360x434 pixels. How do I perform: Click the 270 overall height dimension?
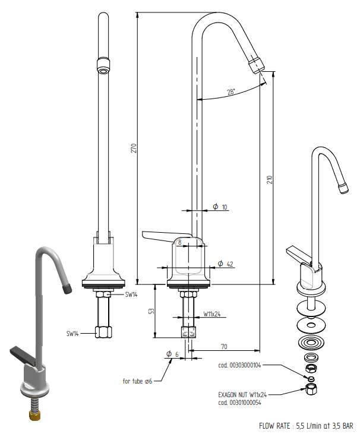point(134,148)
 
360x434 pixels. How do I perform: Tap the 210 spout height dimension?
point(270,179)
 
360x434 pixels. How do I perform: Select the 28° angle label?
point(231,92)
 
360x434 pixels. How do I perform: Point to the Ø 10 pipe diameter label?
point(220,207)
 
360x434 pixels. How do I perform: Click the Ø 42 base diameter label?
point(225,264)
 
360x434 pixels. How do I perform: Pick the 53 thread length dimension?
point(151,311)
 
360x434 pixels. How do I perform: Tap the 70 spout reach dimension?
point(224,346)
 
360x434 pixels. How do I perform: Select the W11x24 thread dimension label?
point(212,314)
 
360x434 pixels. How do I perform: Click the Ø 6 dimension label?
point(172,354)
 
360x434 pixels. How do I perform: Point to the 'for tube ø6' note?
point(137,381)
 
